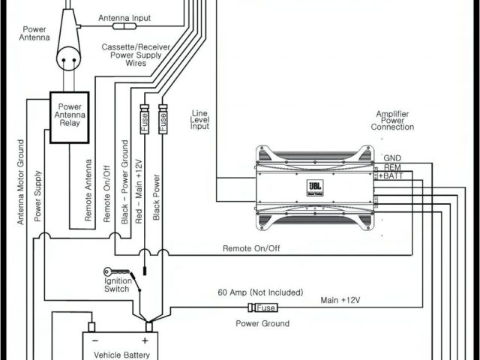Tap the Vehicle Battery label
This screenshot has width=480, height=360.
[x=121, y=355]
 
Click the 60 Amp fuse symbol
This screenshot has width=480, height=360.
[x=264, y=307]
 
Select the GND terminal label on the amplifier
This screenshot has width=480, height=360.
[x=392, y=158]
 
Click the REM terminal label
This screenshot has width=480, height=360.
[x=392, y=167]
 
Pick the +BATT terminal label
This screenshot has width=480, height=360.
[x=391, y=175]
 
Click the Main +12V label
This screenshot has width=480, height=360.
[x=340, y=300]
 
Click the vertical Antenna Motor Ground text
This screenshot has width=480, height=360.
[x=20, y=181]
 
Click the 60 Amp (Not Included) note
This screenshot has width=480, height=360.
[x=260, y=292]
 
